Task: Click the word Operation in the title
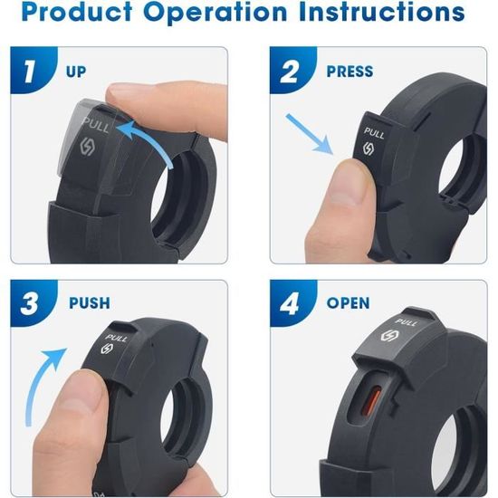point(215,12)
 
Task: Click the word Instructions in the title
point(382,12)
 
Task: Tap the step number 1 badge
point(33,70)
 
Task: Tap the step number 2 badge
point(292,70)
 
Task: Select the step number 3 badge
point(33,303)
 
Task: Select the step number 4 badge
point(292,303)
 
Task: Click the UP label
point(76,72)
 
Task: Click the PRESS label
point(350,72)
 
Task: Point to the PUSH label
point(90,303)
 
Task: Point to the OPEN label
point(348,303)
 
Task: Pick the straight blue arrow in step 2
point(309,133)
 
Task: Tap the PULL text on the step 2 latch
point(374,133)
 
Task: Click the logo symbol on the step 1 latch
point(86,147)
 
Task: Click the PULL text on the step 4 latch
point(406,322)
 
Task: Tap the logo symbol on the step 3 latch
point(106,349)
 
